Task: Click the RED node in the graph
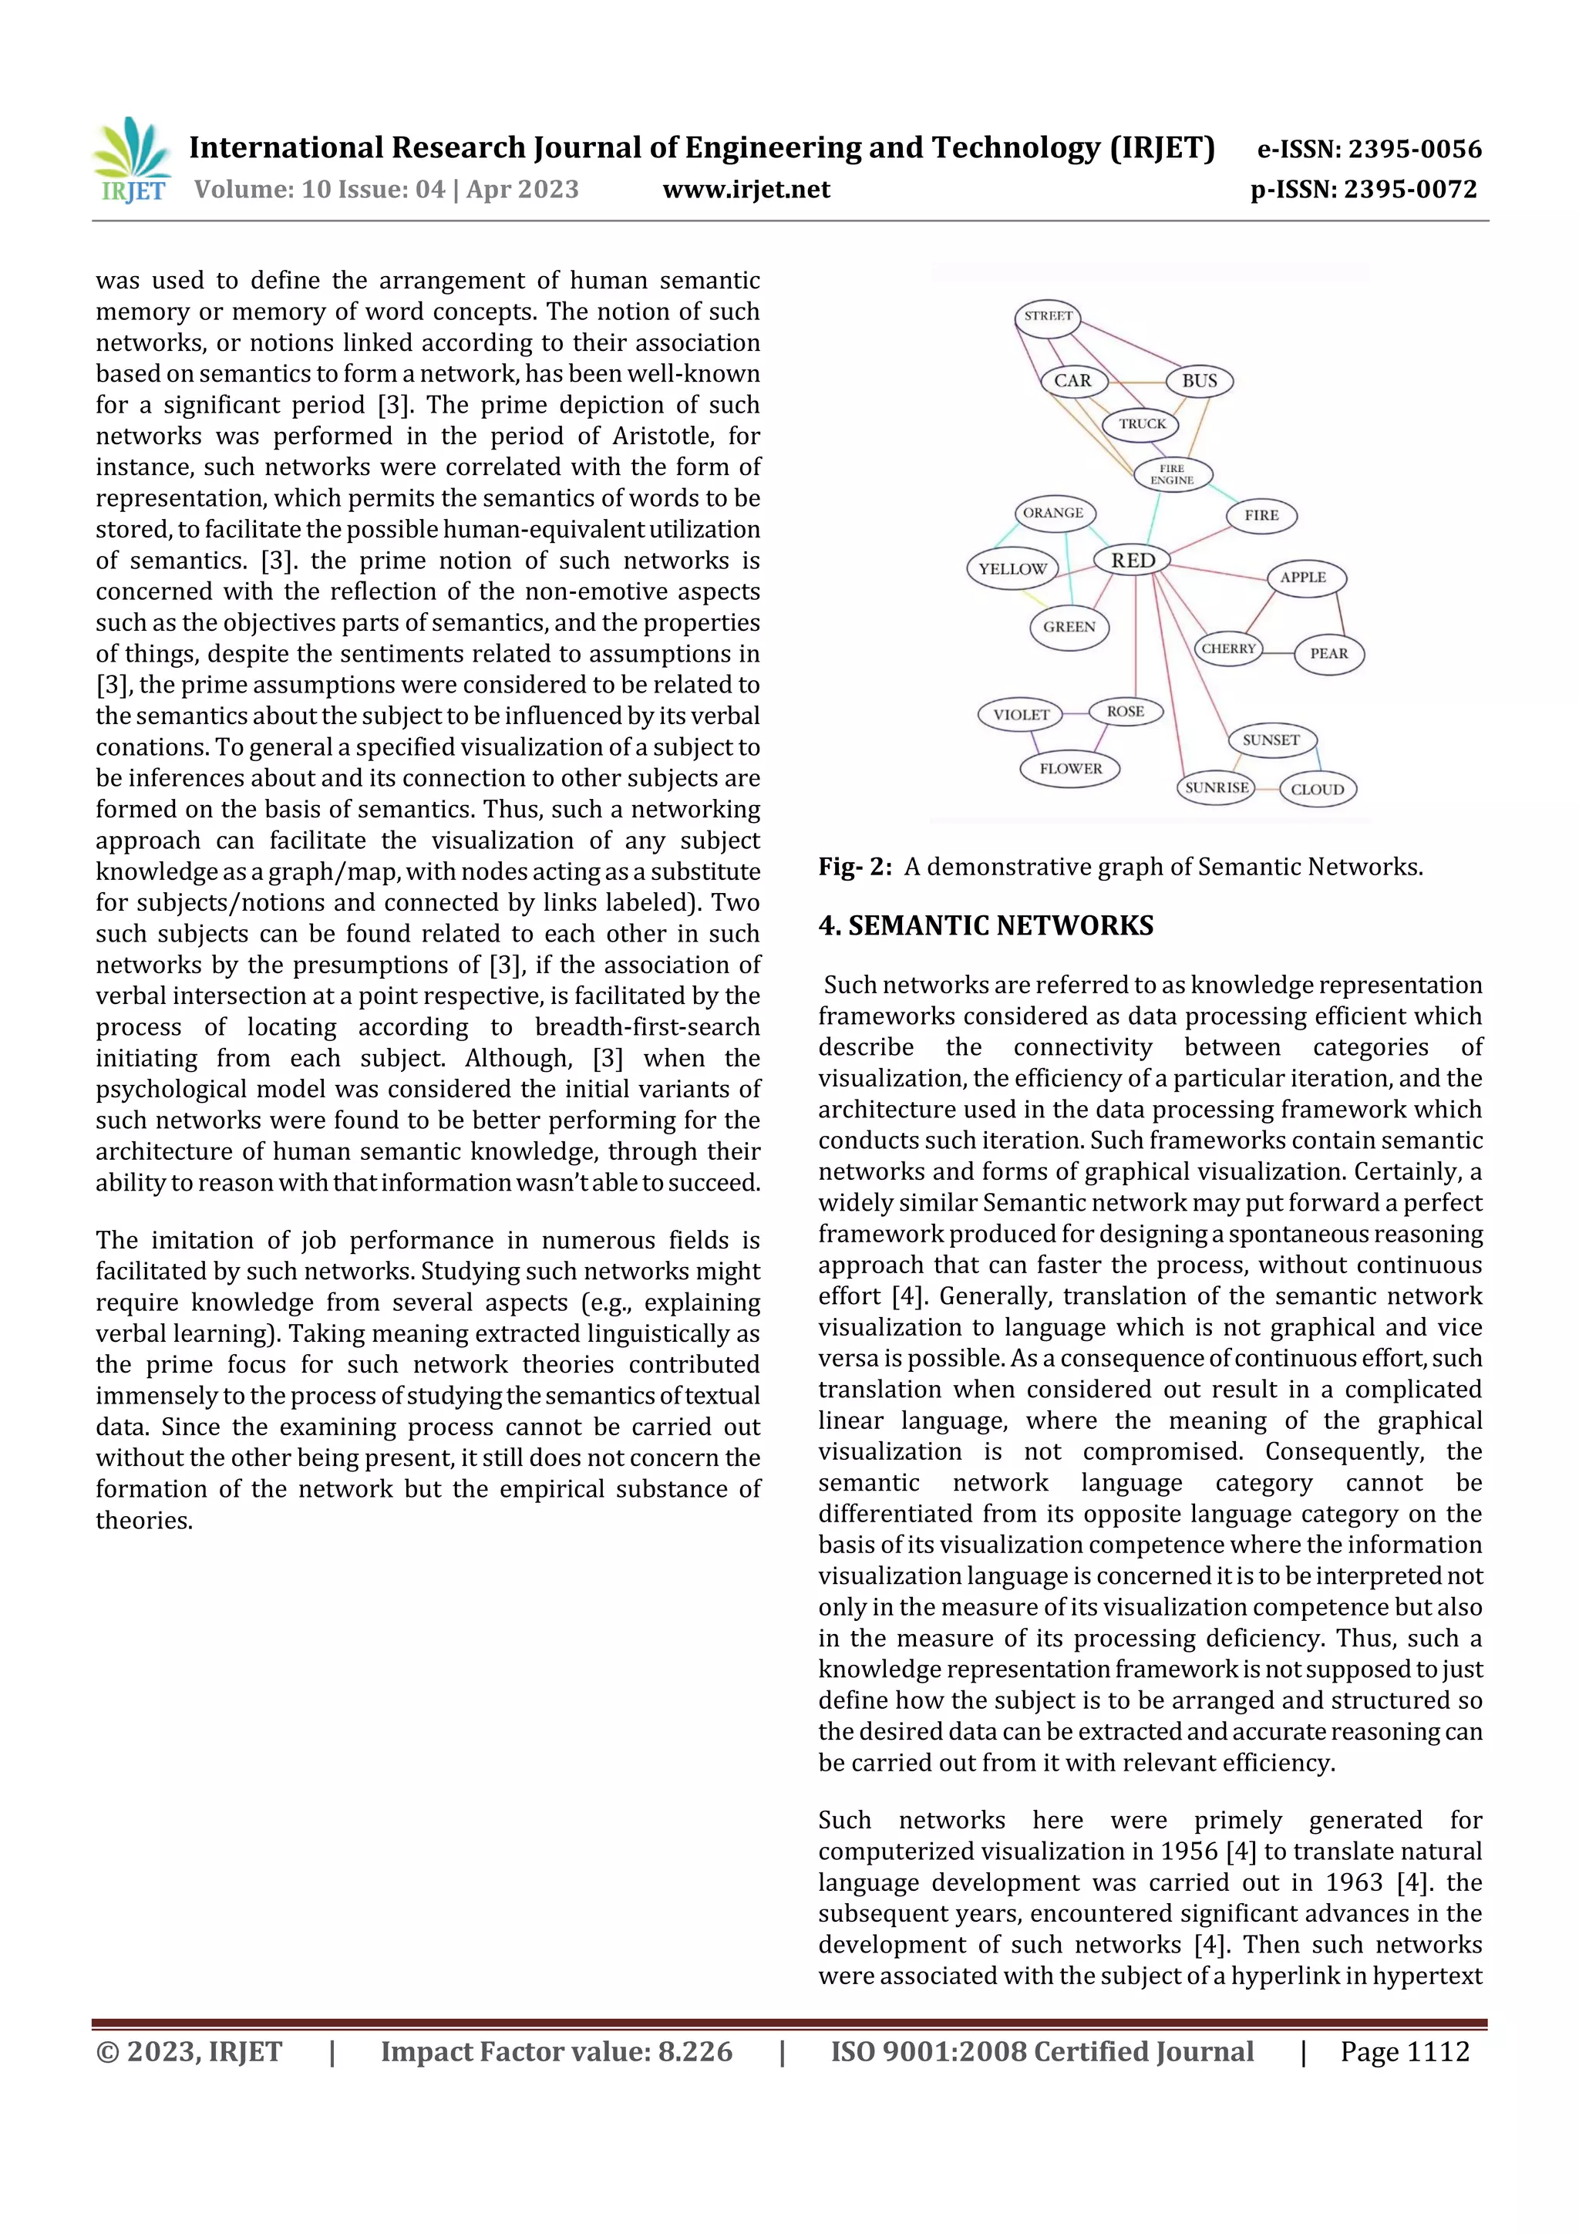click(1133, 561)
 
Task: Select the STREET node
click(1048, 316)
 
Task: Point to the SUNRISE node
click(1216, 787)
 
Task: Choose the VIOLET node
click(1021, 714)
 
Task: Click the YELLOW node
click(1012, 569)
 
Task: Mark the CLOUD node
click(1318, 789)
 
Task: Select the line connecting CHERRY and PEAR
click(1278, 652)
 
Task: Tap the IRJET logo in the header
click(133, 160)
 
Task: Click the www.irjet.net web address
click(746, 190)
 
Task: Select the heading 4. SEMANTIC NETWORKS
click(985, 925)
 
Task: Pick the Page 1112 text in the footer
click(1404, 2051)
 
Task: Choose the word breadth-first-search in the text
click(647, 1026)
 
